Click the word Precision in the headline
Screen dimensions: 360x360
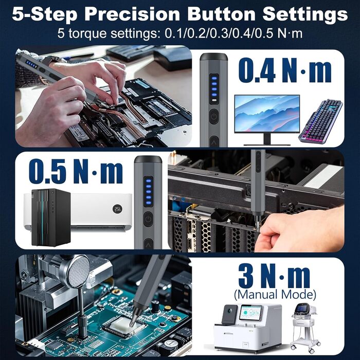[133, 14]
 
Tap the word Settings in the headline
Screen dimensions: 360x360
[305, 15]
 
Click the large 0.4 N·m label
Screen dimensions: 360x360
[285, 70]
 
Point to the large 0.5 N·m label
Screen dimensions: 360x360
[76, 172]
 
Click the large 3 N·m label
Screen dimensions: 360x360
[275, 276]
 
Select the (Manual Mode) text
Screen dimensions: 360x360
[275, 294]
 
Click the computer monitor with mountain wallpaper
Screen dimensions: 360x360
[267, 120]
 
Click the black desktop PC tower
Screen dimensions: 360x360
[51, 217]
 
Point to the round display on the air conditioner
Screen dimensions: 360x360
[117, 209]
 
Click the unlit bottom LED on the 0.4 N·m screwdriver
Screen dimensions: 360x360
[214, 100]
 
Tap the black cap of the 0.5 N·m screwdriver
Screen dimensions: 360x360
[148, 159]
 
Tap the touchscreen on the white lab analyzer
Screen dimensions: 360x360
[250, 313]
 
